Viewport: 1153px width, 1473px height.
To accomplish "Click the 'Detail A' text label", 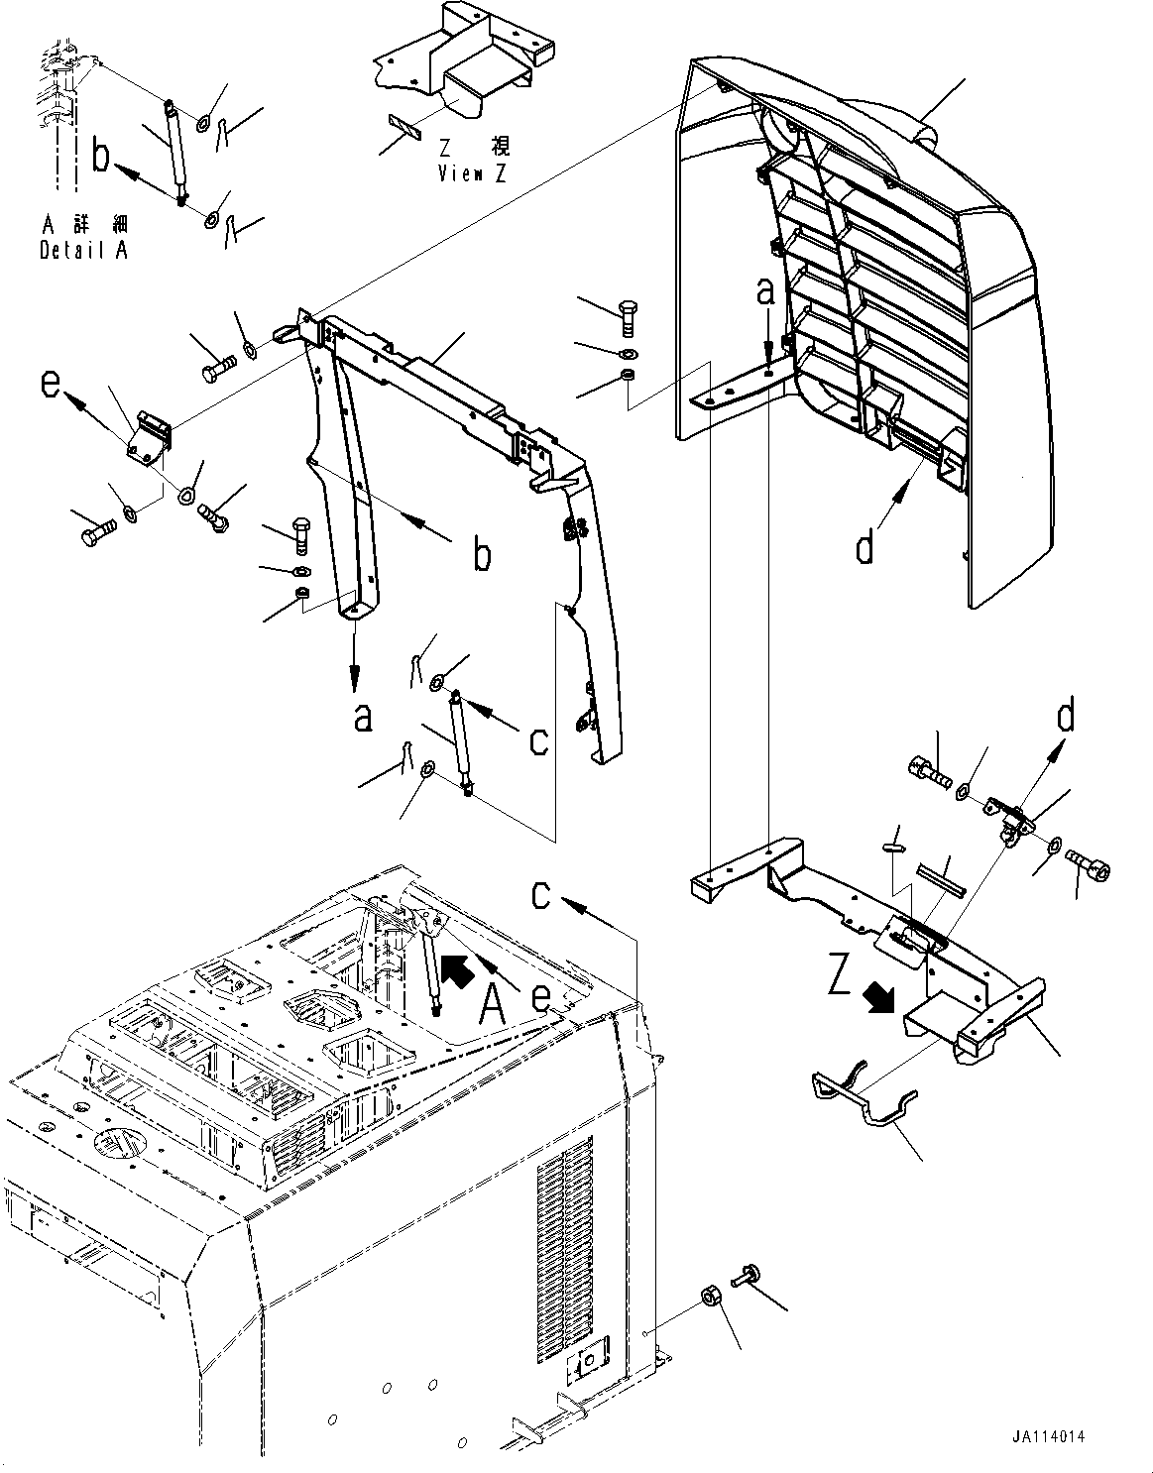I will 83,251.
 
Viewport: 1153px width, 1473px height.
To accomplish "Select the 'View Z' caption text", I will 474,174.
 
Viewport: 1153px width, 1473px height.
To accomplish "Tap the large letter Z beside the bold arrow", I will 840,979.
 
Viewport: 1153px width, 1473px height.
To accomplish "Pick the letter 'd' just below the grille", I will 865,545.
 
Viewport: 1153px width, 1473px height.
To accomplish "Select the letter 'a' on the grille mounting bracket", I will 764,292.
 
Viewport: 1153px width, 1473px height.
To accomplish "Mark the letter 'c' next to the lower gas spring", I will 538,738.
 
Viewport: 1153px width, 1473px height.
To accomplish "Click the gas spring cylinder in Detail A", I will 175,149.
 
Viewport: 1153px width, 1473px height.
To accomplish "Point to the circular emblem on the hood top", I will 117,1142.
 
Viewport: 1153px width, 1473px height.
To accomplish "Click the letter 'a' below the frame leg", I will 363,717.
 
